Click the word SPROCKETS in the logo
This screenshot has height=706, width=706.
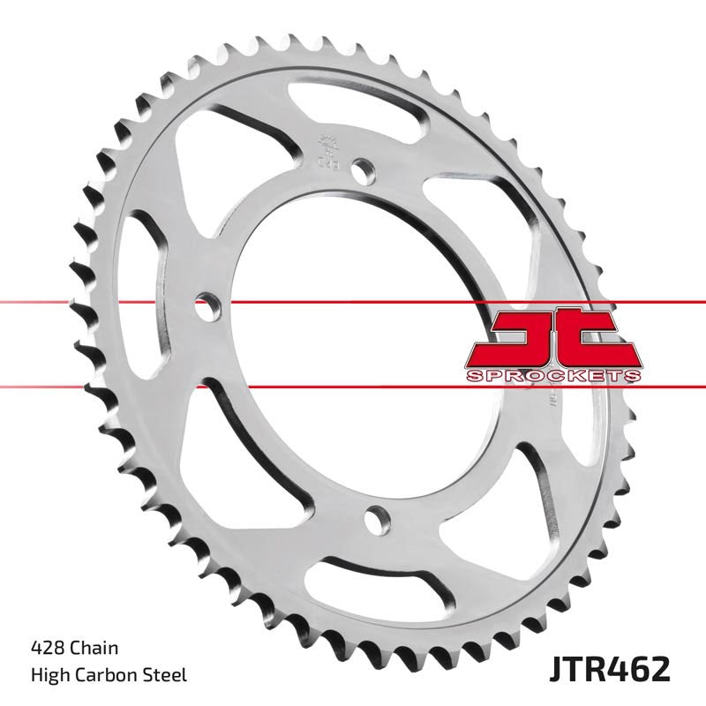pos(553,377)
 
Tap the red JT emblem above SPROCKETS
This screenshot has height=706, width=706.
pos(552,337)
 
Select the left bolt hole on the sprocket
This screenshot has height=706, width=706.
pos(206,309)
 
